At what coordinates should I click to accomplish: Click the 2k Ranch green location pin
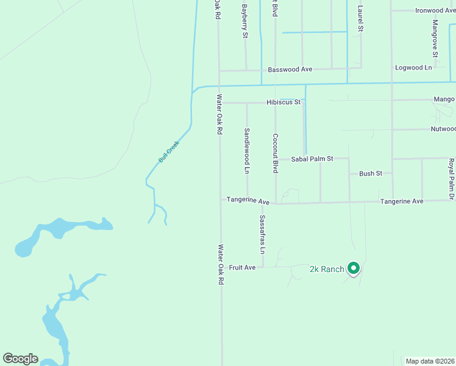coord(353,268)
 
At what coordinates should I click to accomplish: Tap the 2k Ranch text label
coord(327,269)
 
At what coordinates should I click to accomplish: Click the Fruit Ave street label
coord(242,268)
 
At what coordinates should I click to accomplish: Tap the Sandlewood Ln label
coord(247,151)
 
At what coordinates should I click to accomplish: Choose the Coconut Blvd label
coord(276,153)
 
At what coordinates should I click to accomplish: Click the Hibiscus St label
coord(283,102)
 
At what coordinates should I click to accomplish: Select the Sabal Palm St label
coord(312,159)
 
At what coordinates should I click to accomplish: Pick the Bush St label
coord(370,174)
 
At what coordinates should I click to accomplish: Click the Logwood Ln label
coord(413,68)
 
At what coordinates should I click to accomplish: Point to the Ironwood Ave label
coord(435,10)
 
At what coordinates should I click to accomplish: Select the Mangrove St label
coord(435,35)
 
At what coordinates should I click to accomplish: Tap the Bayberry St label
coord(245,21)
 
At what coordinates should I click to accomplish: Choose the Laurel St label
coord(360,19)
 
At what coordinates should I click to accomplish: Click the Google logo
coord(20,359)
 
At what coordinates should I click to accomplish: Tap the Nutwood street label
coord(443,129)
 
